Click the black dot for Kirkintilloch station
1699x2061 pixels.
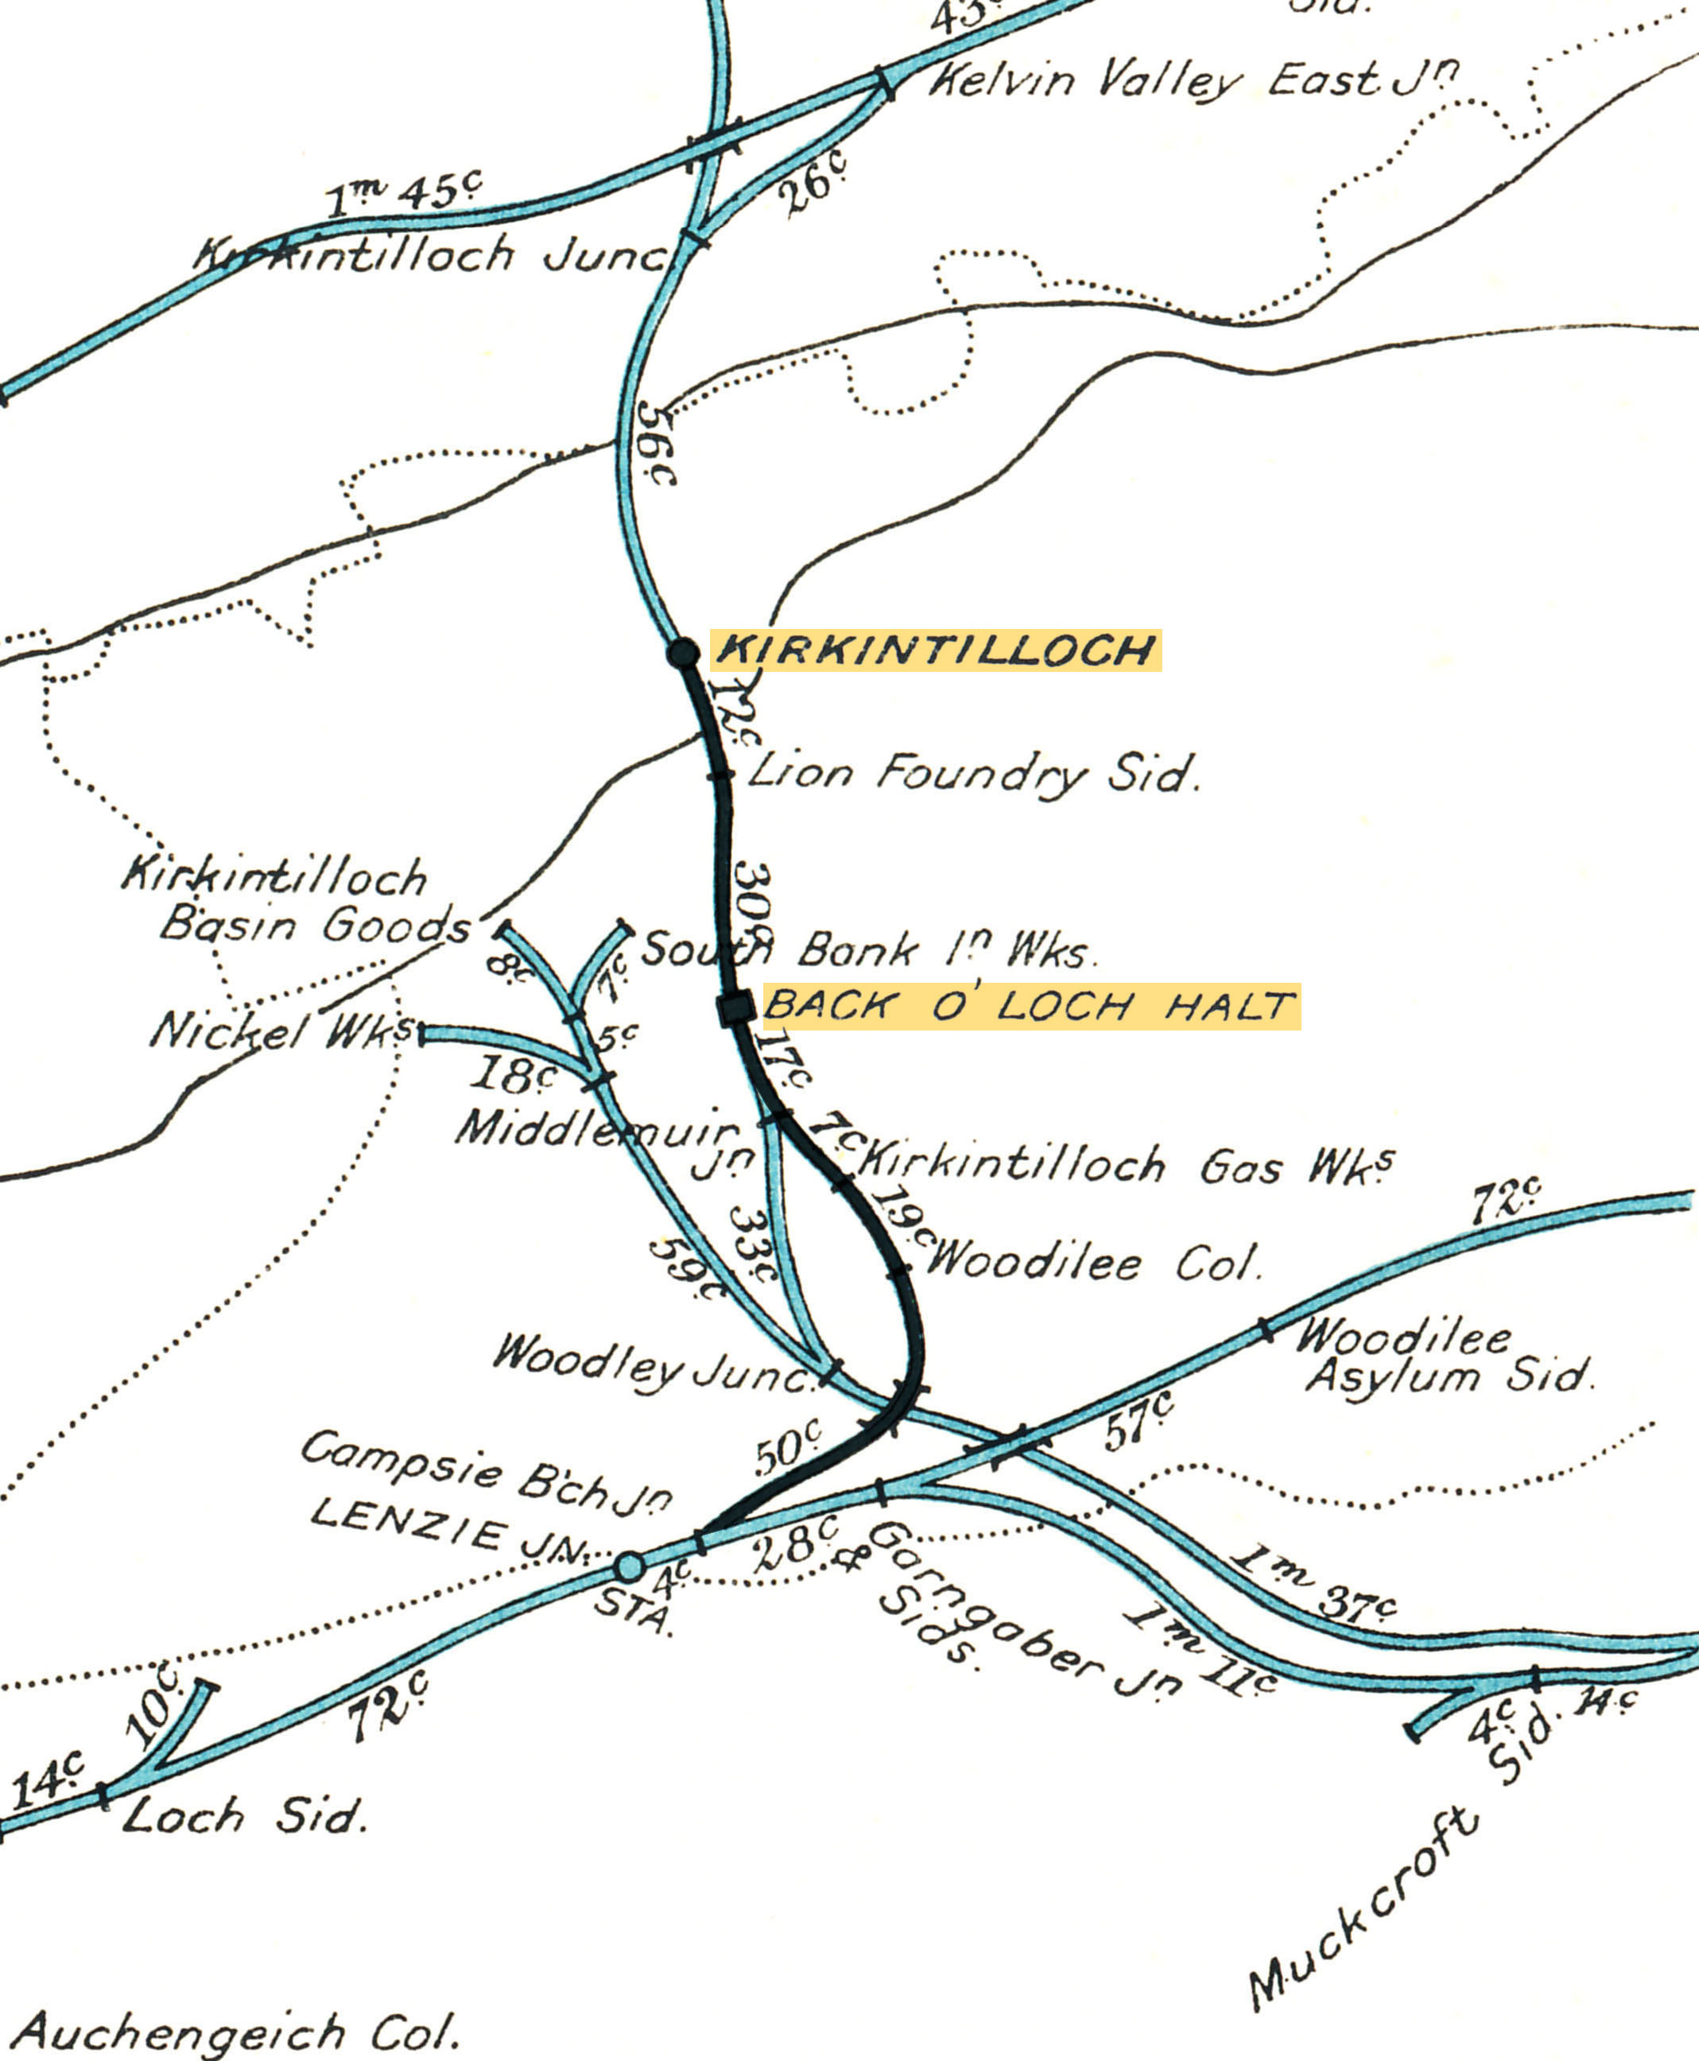point(682,652)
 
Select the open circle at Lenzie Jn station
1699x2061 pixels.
point(630,1566)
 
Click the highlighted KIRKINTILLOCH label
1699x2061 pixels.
point(937,650)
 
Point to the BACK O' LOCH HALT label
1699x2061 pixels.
point(1030,1006)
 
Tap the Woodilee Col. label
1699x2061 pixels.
point(1093,1263)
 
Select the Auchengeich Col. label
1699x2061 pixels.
point(235,2026)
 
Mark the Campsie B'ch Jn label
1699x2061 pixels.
point(487,1477)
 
